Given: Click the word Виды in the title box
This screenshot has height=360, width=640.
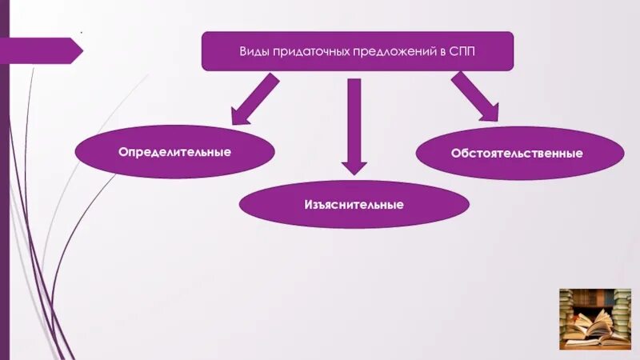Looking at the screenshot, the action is click(x=254, y=51).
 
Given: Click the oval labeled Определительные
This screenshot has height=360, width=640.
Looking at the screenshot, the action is click(x=174, y=151).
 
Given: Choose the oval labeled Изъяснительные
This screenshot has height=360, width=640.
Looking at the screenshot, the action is click(x=354, y=205).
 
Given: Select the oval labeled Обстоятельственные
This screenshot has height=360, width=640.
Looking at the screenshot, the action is click(x=520, y=153).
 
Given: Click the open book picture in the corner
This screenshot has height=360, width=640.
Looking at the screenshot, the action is click(x=594, y=318).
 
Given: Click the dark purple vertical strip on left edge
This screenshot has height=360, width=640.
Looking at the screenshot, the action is click(x=4, y=180).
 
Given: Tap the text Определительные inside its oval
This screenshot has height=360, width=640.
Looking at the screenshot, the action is click(x=174, y=151).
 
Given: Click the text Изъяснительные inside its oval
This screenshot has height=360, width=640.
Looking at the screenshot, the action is click(x=354, y=205).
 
